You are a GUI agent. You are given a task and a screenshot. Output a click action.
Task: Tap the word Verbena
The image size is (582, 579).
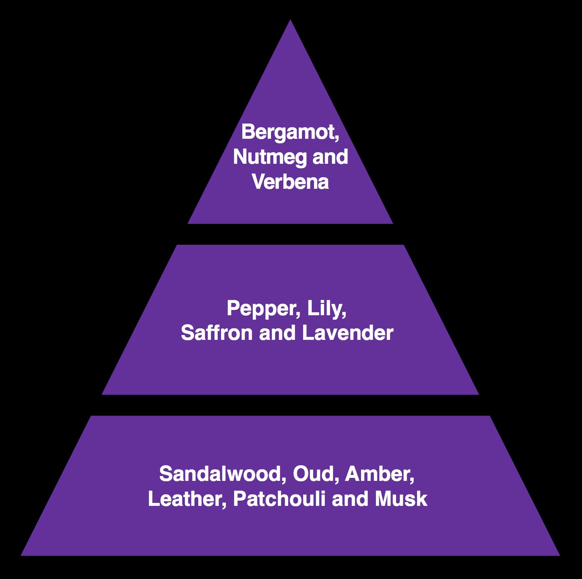tap(290, 182)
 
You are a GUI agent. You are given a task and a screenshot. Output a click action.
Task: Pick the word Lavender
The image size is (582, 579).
tap(348, 333)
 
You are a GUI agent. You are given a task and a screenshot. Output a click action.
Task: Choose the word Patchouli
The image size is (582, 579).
tap(279, 499)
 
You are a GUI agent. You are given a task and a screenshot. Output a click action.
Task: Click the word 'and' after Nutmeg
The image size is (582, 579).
tap(330, 157)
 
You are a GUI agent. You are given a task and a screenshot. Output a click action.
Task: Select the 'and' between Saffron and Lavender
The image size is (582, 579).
tap(277, 333)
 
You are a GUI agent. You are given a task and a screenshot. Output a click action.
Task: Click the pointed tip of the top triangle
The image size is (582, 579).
tap(290, 20)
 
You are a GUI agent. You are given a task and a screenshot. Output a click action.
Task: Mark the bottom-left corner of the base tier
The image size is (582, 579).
tap(21, 555)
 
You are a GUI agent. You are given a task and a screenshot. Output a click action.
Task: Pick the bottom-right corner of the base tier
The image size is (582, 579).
tap(560, 555)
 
